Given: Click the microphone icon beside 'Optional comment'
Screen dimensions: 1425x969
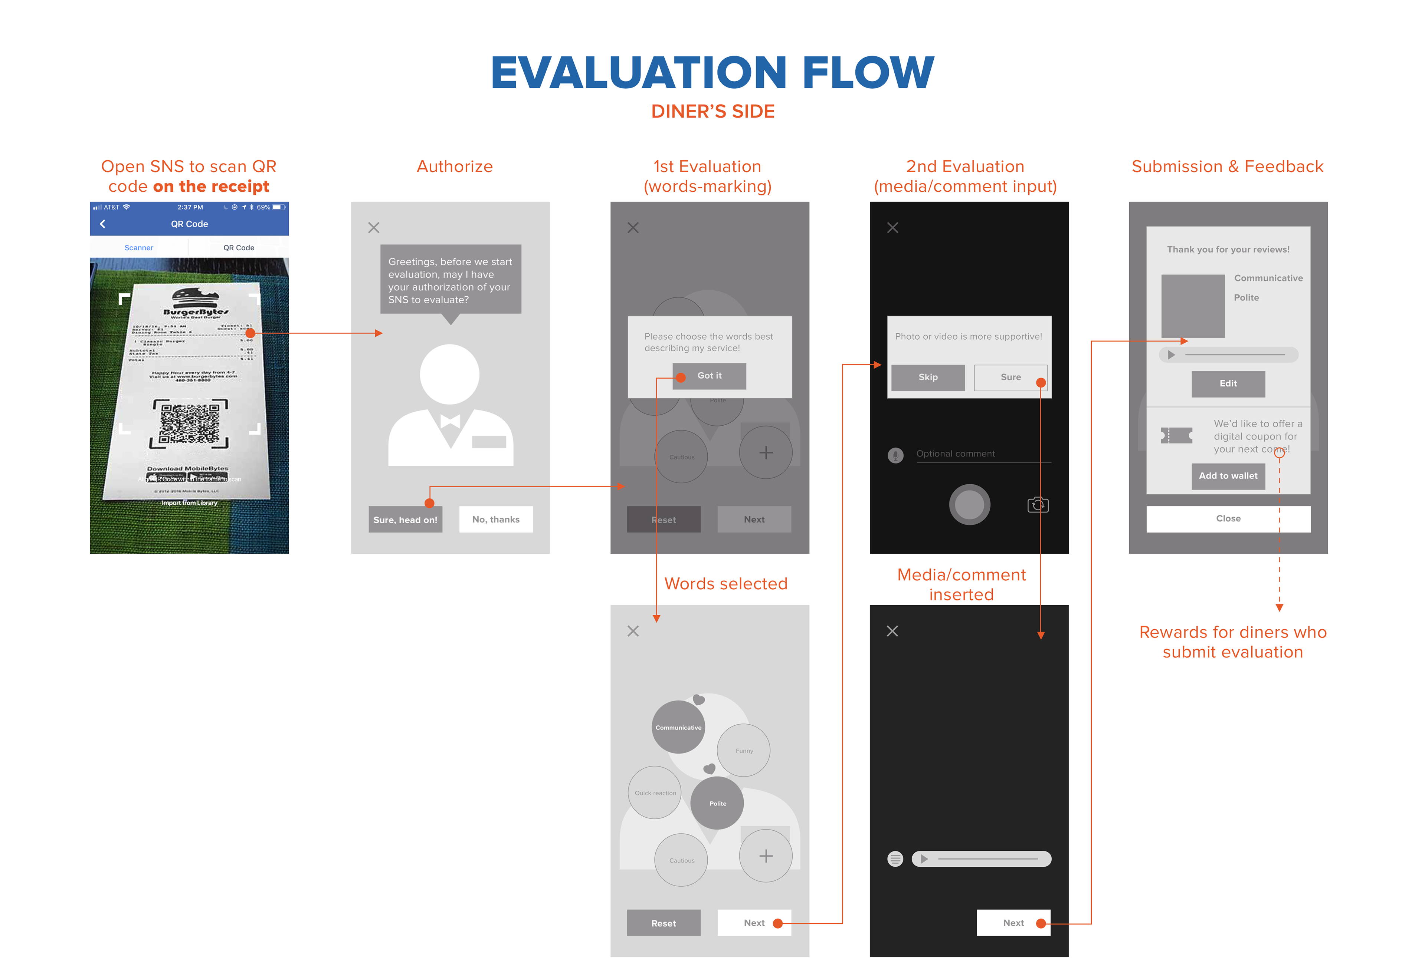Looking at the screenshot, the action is [x=895, y=455].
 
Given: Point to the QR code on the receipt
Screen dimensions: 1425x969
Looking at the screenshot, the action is [x=190, y=423].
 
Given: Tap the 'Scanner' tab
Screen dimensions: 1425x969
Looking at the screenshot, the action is [x=138, y=248].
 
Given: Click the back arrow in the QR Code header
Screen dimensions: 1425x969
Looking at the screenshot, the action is [x=102, y=224].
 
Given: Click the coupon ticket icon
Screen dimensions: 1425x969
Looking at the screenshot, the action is [x=1176, y=436].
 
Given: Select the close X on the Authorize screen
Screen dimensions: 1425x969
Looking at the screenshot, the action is [x=373, y=227].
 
